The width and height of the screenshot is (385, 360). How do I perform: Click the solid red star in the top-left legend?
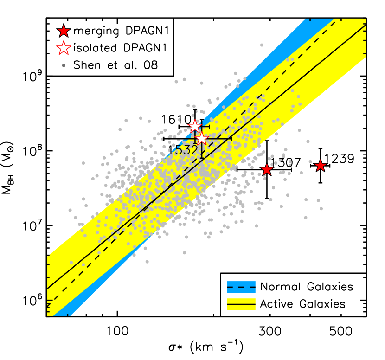click(x=64, y=31)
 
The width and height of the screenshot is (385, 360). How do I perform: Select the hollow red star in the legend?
click(x=64, y=48)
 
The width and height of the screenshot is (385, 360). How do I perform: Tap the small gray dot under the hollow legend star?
click(x=64, y=65)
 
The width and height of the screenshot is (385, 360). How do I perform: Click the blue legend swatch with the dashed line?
click(x=241, y=287)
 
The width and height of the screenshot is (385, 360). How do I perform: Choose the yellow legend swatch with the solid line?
click(x=241, y=304)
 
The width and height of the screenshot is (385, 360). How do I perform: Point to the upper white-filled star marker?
click(x=195, y=126)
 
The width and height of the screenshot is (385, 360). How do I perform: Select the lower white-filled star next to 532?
click(x=201, y=138)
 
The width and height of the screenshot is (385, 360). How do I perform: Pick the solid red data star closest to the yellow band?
click(x=266, y=169)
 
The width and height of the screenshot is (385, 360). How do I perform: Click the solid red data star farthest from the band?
click(x=321, y=166)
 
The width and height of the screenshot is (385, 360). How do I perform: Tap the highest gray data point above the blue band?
click(x=262, y=45)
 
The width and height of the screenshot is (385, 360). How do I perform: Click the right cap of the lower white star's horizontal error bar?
click(x=231, y=138)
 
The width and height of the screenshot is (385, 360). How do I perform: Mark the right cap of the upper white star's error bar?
click(x=209, y=126)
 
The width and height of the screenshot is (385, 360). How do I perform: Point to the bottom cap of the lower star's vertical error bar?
click(x=202, y=157)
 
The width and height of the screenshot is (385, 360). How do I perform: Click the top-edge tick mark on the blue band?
click(x=310, y=19)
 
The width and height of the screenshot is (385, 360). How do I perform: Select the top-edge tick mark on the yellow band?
click(x=342, y=19)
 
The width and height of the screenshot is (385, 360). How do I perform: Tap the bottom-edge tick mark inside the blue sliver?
click(x=68, y=314)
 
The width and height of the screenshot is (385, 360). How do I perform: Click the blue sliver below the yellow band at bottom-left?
click(x=63, y=311)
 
